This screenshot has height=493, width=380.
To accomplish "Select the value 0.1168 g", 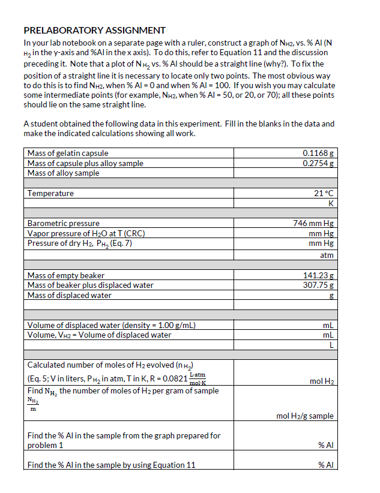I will tap(318, 154).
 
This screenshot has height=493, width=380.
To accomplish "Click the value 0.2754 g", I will tap(318, 163).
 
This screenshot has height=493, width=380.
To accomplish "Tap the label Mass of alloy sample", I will tap(64, 173).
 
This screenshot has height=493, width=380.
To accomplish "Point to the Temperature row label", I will tap(50, 193).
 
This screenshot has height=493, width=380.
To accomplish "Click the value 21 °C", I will tap(323, 193).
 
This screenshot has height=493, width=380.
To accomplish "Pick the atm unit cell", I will tap(327, 255).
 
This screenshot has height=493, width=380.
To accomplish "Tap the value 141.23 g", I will tap(318, 275).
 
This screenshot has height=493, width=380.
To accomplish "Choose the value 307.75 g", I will tap(318, 285).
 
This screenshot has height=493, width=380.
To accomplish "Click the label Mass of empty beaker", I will tap(65, 275).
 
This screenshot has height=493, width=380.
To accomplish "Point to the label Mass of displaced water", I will tap(69, 295).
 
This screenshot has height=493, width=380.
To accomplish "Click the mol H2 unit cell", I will tap(321, 381).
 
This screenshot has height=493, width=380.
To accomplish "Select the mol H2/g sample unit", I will tap(304, 416).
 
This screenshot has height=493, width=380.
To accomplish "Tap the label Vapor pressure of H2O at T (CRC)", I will tap(86, 233).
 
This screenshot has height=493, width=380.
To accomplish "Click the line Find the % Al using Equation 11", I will tap(111, 465).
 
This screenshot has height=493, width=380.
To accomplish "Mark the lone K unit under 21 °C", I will tap(330, 203).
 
